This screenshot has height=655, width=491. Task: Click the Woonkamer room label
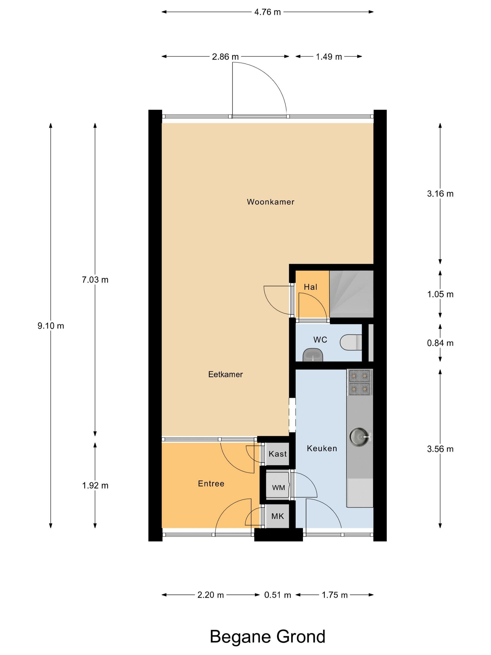[x=271, y=202]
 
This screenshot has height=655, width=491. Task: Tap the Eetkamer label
[x=226, y=374]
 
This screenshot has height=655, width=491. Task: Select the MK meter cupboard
[x=277, y=516]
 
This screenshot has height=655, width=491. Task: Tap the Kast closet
[x=277, y=454]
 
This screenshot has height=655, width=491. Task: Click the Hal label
[x=310, y=287]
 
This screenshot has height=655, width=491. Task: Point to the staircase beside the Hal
[x=351, y=294]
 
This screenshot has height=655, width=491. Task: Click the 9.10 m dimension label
[x=51, y=326]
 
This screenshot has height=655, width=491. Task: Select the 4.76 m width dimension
[x=267, y=12]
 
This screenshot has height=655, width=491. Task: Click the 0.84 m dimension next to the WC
[x=440, y=343]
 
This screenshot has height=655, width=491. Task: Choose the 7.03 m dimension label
[x=95, y=280]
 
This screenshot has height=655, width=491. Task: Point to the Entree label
[x=211, y=484]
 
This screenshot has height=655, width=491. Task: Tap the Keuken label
[x=322, y=448]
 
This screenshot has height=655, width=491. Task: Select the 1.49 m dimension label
[x=329, y=57]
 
